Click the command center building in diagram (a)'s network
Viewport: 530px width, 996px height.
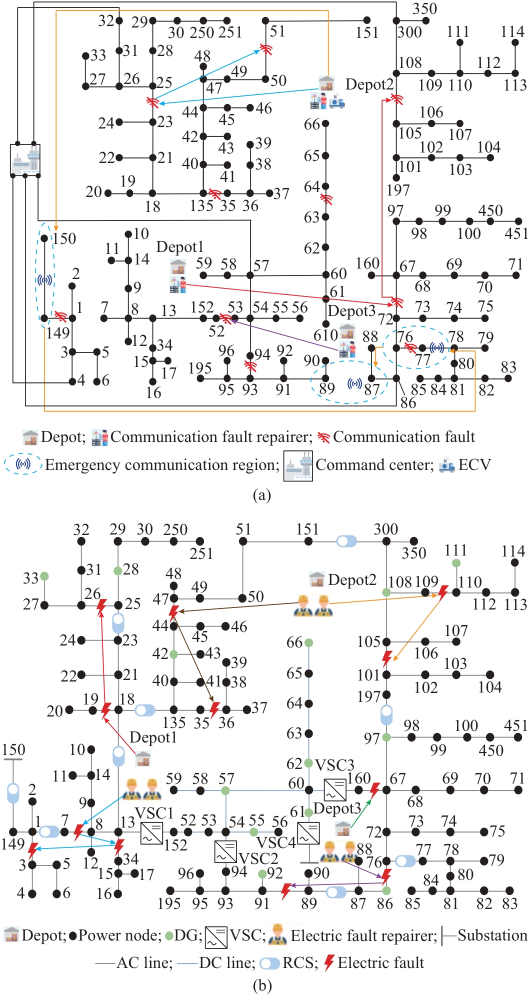click(25, 159)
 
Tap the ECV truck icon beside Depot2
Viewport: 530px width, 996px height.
click(336, 101)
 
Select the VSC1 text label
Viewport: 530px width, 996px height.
click(154, 812)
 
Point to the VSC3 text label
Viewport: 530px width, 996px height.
click(334, 764)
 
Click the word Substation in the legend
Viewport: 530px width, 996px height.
click(492, 935)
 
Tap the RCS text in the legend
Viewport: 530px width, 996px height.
click(300, 962)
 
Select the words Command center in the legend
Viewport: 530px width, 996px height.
click(374, 464)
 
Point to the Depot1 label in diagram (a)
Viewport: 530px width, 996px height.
click(180, 247)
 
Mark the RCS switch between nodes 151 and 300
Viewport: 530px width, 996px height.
click(346, 541)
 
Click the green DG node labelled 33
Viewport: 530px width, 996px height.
click(44, 576)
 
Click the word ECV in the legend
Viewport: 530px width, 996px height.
click(474, 464)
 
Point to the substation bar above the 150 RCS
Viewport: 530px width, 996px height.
click(13, 759)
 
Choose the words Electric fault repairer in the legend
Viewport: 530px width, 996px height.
click(363, 935)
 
